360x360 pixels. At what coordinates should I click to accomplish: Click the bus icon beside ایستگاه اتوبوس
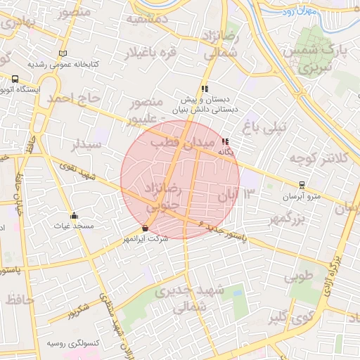(15, 79)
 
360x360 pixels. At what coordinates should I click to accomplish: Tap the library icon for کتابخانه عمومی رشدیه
(63, 53)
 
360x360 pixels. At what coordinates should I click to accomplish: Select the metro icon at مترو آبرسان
(302, 185)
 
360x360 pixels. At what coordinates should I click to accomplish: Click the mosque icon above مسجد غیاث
(75, 215)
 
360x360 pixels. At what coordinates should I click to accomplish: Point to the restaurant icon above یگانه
(225, 141)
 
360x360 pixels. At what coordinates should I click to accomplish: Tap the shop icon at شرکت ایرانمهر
(145, 228)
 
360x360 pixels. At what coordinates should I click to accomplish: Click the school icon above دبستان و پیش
(205, 89)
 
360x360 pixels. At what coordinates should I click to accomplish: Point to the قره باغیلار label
(150, 53)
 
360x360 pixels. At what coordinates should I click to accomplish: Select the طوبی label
(300, 277)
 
